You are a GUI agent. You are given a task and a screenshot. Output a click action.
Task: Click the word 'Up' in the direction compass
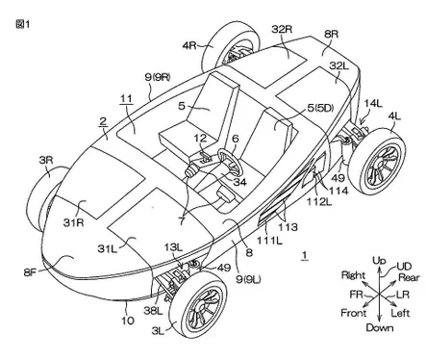(379, 261)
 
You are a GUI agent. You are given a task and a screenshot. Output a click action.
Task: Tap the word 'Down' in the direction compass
(380, 327)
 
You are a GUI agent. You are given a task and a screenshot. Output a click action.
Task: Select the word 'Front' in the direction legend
(354, 312)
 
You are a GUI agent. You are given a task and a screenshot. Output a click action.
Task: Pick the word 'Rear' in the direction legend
(409, 277)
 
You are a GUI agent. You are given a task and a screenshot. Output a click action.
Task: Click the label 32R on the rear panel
(282, 29)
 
